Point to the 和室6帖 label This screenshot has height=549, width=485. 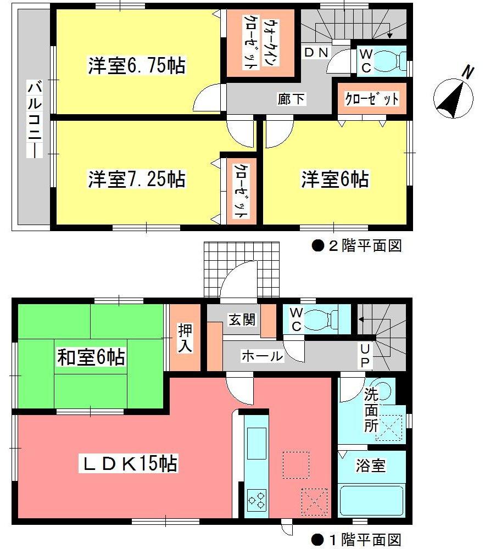[x=91, y=357]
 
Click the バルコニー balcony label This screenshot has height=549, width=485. [x=34, y=119]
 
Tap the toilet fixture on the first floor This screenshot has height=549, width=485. [x=322, y=318]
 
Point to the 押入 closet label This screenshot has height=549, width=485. [x=185, y=339]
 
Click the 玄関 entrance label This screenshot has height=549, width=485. [x=242, y=320]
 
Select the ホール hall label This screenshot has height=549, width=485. [x=262, y=356]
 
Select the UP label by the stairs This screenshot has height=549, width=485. [x=365, y=355]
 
